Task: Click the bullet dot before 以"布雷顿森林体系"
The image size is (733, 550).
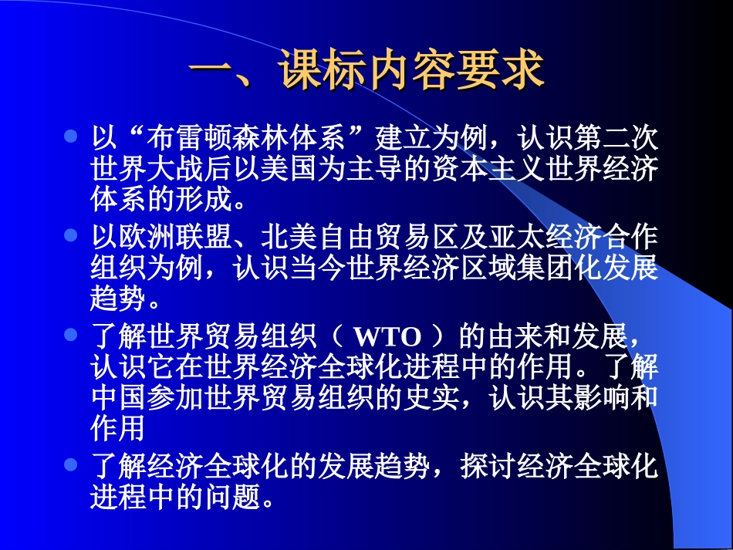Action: click(x=71, y=137)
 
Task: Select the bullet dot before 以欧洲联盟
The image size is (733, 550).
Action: click(x=71, y=233)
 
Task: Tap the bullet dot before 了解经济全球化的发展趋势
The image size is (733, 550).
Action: click(x=71, y=464)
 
